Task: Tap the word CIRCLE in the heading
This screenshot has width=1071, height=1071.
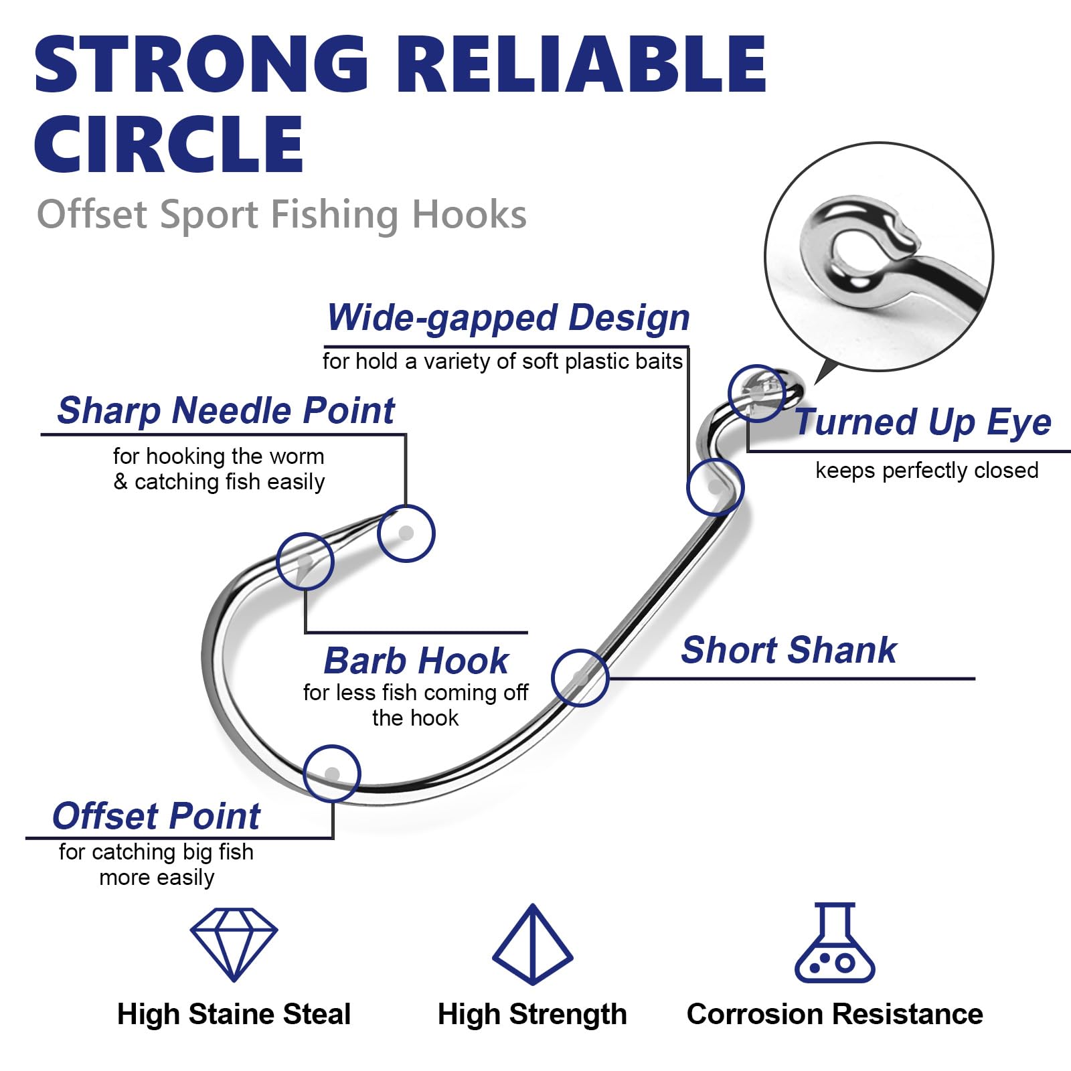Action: point(169,144)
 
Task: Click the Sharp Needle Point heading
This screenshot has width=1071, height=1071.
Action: point(226,410)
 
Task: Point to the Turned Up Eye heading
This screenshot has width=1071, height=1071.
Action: point(922,422)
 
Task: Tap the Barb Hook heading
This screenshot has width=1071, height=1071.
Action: point(416,661)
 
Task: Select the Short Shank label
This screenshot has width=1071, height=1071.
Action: point(789,650)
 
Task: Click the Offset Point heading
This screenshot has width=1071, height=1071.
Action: point(156,816)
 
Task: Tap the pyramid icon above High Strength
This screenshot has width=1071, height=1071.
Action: point(532,944)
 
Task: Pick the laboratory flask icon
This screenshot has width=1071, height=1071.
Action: point(835,944)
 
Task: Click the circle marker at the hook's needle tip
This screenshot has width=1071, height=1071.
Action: point(406,533)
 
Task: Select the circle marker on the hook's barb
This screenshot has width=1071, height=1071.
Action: point(305,561)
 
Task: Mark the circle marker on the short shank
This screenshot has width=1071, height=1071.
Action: point(580,678)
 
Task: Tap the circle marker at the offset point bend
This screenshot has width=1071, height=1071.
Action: point(332,774)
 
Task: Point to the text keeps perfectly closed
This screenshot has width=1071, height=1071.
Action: point(926,471)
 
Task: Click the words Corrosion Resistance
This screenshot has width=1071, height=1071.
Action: point(835,1014)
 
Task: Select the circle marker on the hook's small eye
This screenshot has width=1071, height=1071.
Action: point(756,393)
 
